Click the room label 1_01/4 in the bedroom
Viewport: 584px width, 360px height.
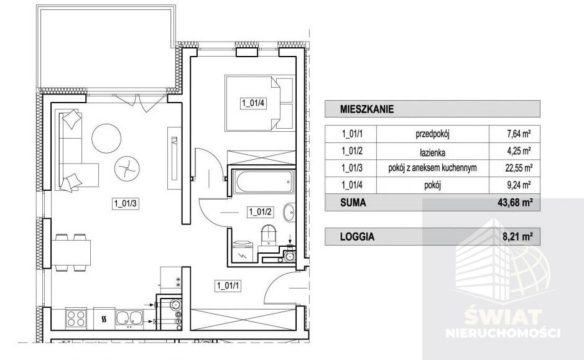click(x=253, y=103)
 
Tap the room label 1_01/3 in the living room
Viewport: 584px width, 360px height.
click(x=126, y=204)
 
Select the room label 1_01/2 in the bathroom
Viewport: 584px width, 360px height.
click(x=261, y=212)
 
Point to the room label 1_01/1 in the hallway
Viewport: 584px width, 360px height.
click(x=228, y=286)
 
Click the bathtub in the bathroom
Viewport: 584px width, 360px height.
click(x=263, y=182)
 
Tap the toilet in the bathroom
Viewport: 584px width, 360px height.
click(x=269, y=235)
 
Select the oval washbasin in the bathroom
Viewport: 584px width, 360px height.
click(x=289, y=212)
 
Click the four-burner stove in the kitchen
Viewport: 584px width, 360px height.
click(x=76, y=319)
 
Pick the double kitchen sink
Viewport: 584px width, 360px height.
click(x=129, y=318)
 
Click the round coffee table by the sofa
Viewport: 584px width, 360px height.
click(x=106, y=138)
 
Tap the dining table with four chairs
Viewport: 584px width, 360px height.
click(x=71, y=252)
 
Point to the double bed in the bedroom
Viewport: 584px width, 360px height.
click(x=259, y=103)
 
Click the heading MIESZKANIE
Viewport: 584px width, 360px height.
click(x=367, y=109)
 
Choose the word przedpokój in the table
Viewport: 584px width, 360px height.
click(x=432, y=134)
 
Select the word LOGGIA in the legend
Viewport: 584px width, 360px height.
click(x=357, y=237)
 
